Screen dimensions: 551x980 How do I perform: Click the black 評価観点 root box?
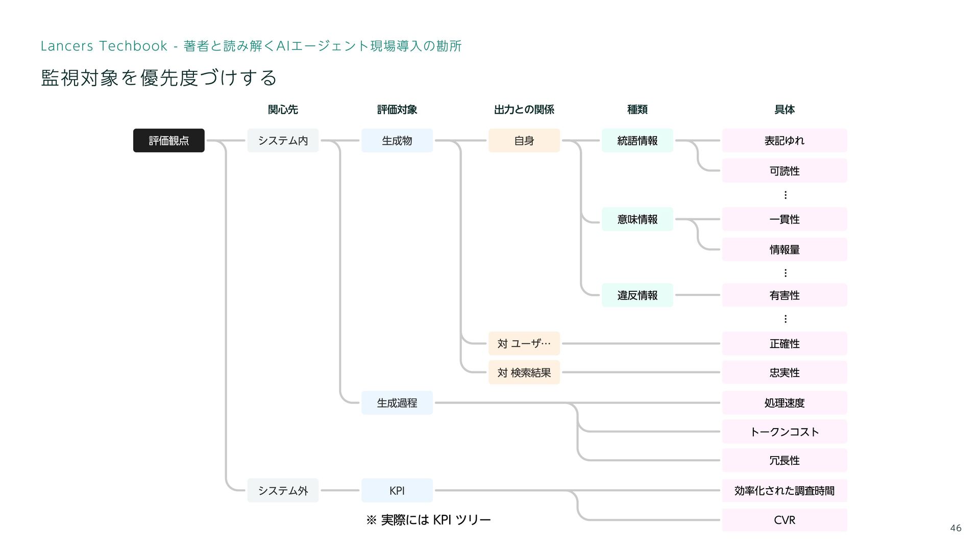(x=168, y=140)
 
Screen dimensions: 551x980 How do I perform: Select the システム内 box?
(x=283, y=140)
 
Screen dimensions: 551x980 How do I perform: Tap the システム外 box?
(x=283, y=490)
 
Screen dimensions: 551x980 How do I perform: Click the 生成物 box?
(x=397, y=140)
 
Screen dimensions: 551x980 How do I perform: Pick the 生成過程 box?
(x=397, y=403)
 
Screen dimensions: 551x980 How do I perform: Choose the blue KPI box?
(x=397, y=490)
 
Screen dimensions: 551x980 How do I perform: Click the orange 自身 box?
(x=524, y=140)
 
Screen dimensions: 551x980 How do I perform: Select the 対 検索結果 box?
(x=524, y=372)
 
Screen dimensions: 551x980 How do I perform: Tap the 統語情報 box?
(x=637, y=140)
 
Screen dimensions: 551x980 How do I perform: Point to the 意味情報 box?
(x=637, y=219)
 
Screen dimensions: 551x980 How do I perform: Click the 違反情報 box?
(x=637, y=295)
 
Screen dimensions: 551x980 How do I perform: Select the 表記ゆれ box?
(x=784, y=140)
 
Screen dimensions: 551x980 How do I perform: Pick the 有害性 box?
(x=784, y=295)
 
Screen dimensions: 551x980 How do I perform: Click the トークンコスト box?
(x=784, y=432)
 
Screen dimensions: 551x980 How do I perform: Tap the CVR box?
(x=784, y=520)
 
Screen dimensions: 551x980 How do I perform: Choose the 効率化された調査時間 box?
(x=784, y=490)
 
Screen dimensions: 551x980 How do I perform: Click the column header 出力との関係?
(x=524, y=109)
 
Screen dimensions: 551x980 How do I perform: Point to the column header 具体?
(x=784, y=109)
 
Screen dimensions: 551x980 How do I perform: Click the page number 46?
(x=955, y=528)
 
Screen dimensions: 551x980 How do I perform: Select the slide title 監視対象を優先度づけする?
(x=159, y=78)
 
